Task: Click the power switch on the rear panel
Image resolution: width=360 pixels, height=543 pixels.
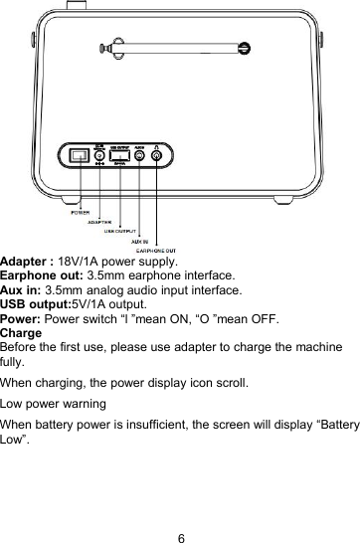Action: point(80,155)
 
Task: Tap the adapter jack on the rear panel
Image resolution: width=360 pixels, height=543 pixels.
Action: point(99,156)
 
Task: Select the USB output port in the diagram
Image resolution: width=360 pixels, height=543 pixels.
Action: point(119,156)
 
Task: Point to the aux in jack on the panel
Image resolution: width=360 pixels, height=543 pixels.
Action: point(140,156)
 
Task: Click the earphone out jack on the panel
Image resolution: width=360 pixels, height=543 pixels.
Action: point(157,156)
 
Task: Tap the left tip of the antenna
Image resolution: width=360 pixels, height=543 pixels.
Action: point(99,45)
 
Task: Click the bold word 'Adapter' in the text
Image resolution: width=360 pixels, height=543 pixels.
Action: point(26,261)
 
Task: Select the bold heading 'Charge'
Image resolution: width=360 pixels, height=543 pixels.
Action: point(20,331)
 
